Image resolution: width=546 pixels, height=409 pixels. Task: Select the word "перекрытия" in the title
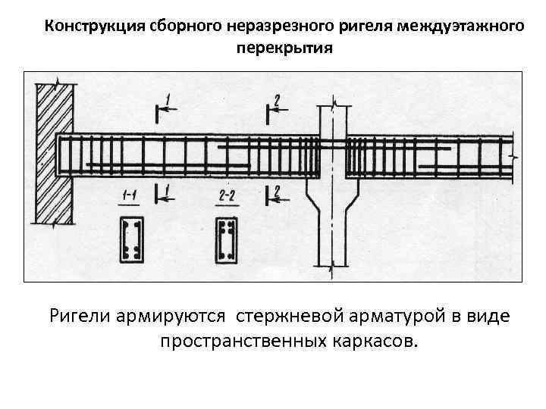(284, 48)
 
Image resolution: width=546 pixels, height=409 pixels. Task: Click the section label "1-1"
(129, 196)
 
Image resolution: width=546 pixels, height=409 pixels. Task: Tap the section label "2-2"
(226, 196)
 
